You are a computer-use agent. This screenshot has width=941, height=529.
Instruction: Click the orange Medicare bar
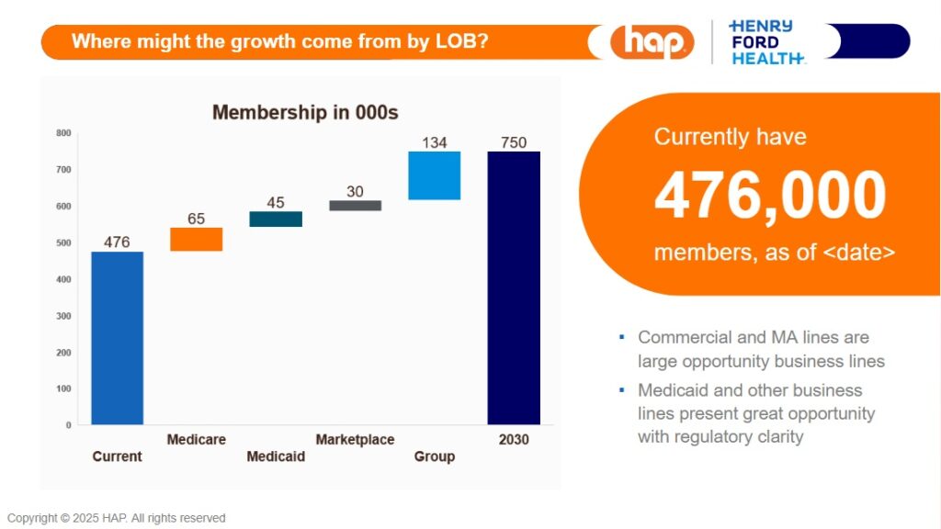click(197, 239)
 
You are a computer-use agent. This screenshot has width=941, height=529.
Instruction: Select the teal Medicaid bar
click(276, 219)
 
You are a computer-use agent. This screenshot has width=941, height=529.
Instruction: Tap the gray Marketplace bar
click(355, 206)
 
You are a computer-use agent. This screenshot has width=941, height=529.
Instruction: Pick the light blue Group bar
click(434, 175)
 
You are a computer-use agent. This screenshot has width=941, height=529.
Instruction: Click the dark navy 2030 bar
click(514, 287)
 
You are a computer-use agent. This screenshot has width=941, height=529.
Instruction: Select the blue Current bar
click(118, 338)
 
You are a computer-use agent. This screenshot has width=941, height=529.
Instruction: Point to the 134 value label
click(434, 142)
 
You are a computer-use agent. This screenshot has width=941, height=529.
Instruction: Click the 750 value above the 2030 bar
click(514, 142)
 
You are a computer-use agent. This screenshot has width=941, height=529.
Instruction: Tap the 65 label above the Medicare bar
click(197, 219)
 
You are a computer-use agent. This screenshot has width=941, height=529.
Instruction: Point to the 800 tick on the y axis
click(63, 133)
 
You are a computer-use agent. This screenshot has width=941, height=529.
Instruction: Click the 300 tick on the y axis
click(63, 316)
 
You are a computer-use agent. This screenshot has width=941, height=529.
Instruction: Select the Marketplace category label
click(355, 440)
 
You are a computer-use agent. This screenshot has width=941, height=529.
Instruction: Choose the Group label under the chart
click(434, 456)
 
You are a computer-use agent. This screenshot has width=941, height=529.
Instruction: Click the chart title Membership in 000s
click(305, 112)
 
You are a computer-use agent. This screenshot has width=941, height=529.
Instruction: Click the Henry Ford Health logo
click(765, 41)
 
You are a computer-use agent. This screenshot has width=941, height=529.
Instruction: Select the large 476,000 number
click(770, 196)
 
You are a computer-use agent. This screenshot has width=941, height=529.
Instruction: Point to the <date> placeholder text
click(858, 253)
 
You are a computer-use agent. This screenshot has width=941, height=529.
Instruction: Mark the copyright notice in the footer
click(117, 518)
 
